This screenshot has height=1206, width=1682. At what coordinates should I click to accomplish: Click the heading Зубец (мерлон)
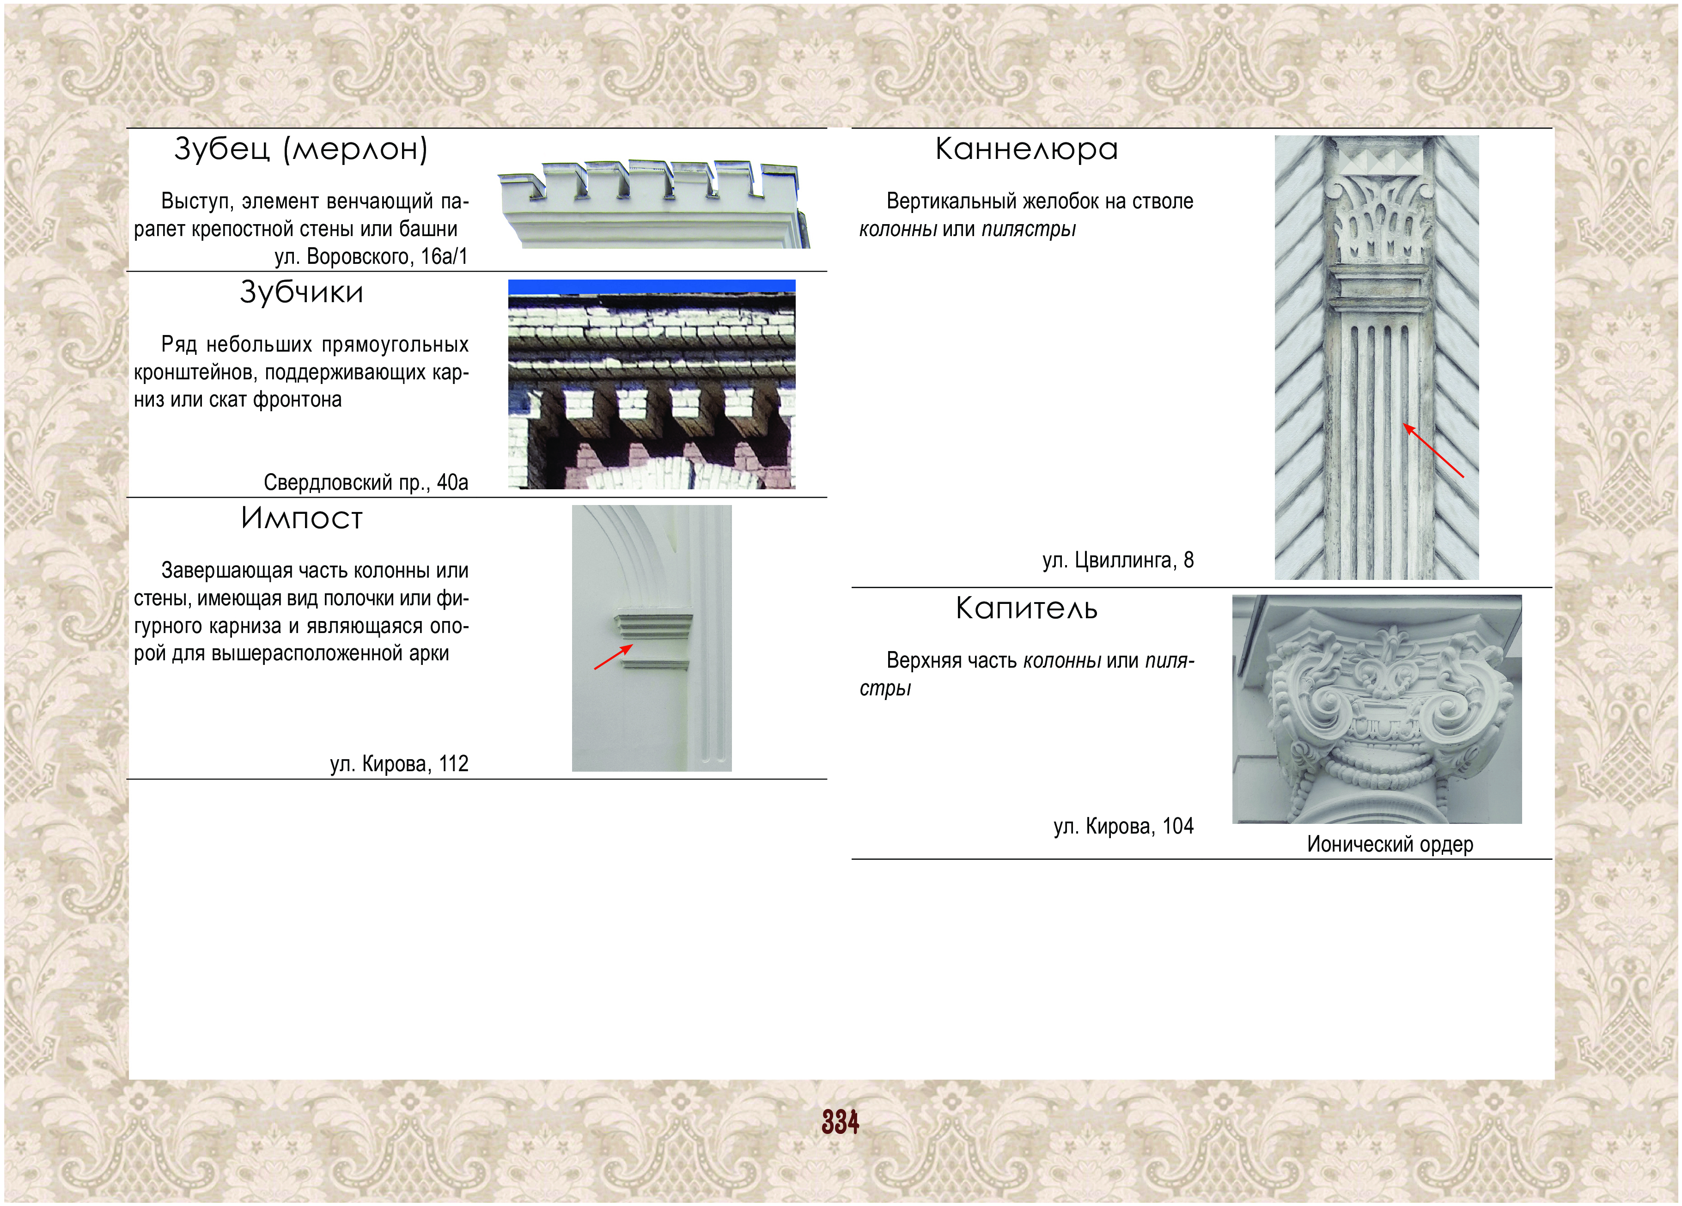[301, 149]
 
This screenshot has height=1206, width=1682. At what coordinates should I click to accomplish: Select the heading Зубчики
[302, 292]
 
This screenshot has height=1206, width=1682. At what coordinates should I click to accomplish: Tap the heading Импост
[302, 518]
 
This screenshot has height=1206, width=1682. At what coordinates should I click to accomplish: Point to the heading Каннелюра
[1026, 149]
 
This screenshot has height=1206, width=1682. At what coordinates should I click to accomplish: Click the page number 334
[840, 1122]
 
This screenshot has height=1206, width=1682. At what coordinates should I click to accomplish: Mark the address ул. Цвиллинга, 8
[1118, 560]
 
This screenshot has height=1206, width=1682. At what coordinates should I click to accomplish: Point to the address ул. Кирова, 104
[1123, 826]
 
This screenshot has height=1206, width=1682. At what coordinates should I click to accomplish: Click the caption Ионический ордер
[1390, 844]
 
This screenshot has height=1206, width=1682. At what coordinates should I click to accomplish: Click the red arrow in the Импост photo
[613, 657]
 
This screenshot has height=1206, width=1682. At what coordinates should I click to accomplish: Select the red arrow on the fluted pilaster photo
[1433, 450]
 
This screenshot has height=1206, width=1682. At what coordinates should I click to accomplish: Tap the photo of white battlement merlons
[653, 203]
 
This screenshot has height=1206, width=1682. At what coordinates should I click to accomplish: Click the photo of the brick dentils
[652, 384]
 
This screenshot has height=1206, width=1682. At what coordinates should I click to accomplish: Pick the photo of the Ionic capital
[1377, 709]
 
